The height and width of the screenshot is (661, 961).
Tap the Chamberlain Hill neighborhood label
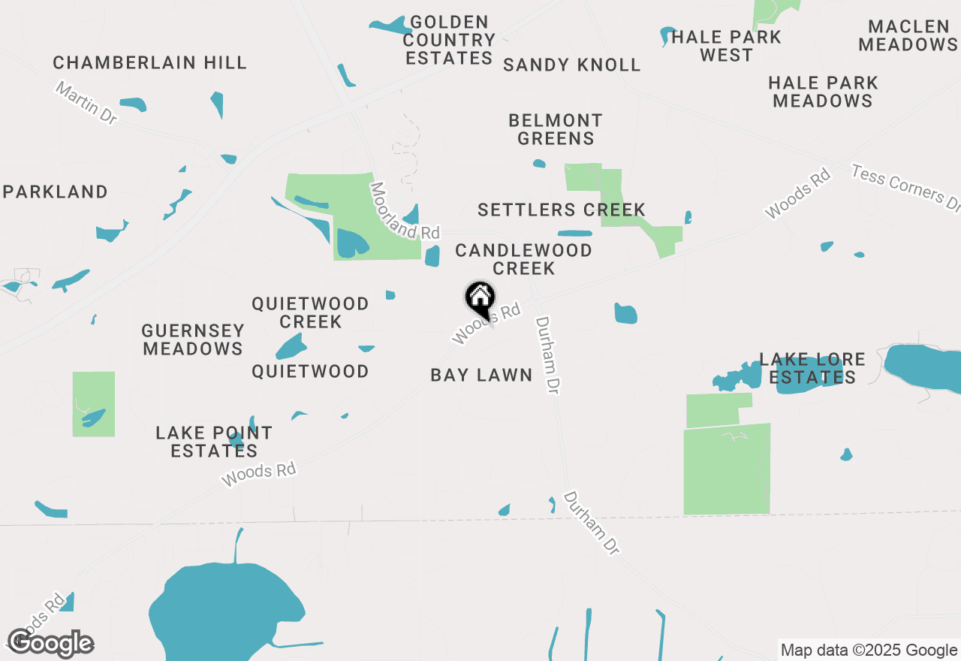coord(150,62)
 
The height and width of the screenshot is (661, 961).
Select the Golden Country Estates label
coord(449,40)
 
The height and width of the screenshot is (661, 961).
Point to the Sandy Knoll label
coord(572,65)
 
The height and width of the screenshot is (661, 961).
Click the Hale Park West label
coord(726,46)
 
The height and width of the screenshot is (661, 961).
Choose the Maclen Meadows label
coord(908,36)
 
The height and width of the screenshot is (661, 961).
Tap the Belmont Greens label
coord(556,129)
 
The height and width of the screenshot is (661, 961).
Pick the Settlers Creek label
coord(562,210)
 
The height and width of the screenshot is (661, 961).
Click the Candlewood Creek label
coord(524,259)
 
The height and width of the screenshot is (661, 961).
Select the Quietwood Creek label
coord(310,312)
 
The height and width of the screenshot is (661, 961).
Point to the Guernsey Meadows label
coord(193,340)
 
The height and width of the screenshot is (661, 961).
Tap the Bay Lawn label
coord(481,375)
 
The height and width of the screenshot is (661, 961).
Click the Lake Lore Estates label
coord(812,368)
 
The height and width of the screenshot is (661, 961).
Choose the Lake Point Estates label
coord(214,442)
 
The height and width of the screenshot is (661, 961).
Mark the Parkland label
coord(56,192)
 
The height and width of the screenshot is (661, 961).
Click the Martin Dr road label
coord(87,104)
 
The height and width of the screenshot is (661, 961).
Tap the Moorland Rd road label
coord(403,212)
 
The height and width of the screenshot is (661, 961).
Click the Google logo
coord(50,643)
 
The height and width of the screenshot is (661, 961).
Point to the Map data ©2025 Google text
coord(869,650)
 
